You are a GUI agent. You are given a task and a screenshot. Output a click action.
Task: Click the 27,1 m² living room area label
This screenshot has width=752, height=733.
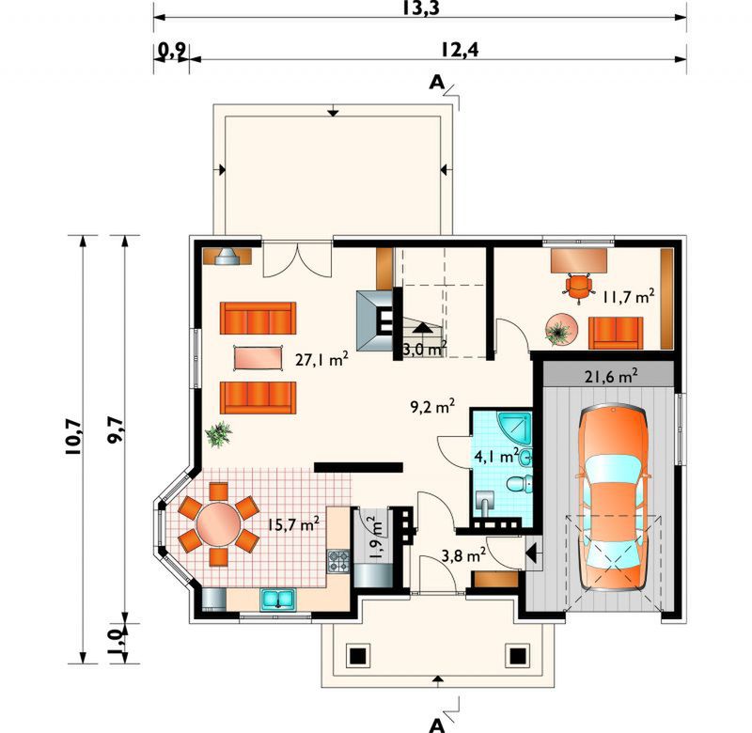[321, 359]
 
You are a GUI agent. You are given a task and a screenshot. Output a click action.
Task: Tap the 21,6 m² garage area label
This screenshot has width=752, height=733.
[611, 376]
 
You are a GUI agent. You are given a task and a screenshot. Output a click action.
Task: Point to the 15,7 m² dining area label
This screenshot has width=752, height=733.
[293, 524]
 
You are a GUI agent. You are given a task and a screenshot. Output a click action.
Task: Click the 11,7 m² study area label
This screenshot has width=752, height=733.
[628, 297]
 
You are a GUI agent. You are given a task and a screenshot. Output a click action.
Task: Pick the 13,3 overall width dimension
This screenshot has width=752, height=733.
[420, 8]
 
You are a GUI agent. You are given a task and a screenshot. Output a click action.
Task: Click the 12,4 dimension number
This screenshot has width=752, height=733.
[460, 50]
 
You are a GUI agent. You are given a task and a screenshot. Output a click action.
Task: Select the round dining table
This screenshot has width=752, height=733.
[219, 524]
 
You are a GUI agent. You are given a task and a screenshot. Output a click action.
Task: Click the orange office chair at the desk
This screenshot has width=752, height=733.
[578, 287]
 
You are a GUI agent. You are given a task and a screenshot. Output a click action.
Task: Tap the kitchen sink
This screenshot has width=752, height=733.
[277, 600]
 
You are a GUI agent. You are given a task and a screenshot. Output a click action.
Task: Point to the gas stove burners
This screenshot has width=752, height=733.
[338, 561]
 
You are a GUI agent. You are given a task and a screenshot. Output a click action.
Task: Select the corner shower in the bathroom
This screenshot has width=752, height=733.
[515, 428]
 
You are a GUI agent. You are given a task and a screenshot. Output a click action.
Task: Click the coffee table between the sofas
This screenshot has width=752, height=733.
[258, 358]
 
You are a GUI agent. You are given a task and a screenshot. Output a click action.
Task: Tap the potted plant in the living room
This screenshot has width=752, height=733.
[219, 434]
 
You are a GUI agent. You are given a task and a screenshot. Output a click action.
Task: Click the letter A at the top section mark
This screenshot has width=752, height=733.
[436, 83]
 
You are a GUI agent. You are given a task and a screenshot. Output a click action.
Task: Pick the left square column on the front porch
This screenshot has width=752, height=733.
[358, 655]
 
